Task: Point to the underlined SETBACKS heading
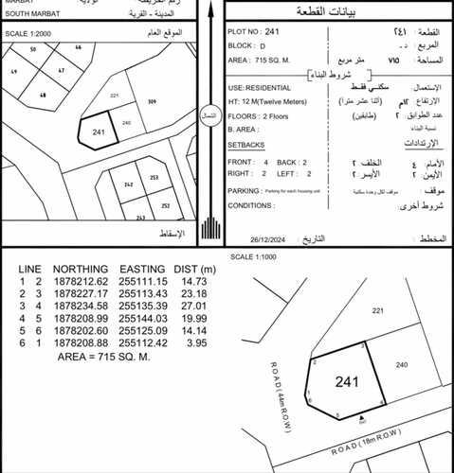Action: click(x=246, y=144)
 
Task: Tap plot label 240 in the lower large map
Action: click(x=402, y=364)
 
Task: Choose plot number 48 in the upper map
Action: click(x=44, y=95)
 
